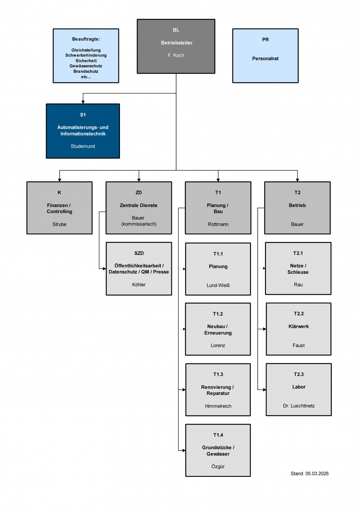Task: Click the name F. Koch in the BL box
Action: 176,55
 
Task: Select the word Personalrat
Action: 265,59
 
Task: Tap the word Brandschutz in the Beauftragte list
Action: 86,71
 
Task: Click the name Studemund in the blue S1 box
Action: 83,146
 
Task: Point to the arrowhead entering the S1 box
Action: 83,102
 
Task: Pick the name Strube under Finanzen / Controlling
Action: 59,224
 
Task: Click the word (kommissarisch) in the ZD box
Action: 139,224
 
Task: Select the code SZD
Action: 139,253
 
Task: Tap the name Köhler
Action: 139,285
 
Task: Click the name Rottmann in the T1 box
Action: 218,224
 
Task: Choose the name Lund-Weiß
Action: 218,285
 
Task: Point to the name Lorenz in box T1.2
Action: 218,345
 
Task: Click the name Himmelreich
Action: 218,406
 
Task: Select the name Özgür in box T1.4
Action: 218,467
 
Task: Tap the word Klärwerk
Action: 298,326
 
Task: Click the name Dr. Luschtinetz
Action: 299,406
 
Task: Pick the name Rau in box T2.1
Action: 298,285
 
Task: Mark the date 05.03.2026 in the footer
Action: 317,474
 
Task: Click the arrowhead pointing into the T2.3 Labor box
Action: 264,390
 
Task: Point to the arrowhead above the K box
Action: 59,180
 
